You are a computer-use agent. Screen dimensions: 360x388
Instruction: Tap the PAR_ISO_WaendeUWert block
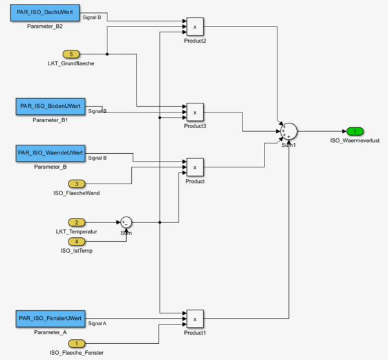tap(50, 153)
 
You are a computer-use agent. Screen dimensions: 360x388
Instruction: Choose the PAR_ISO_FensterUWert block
tap(49, 319)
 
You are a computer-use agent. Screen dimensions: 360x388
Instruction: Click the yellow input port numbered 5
tap(71, 54)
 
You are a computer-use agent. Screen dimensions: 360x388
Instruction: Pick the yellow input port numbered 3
tap(76, 184)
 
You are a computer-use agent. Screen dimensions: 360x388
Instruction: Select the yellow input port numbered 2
tap(76, 222)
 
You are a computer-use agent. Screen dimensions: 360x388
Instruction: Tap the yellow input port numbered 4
tap(76, 242)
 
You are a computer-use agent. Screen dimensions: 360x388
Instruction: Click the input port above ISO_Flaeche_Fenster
tap(76, 343)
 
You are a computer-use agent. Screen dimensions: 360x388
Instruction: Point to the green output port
tap(354, 131)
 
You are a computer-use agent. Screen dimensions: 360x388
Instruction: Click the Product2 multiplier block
tap(195, 26)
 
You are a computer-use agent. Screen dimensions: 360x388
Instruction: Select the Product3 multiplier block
tap(195, 112)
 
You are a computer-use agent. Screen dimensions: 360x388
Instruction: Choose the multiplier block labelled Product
tap(195, 167)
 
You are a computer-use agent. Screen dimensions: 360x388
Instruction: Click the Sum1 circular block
tap(287, 131)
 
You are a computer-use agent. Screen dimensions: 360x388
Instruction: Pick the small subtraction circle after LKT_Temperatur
tap(125, 222)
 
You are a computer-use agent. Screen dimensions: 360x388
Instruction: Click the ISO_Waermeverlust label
tap(354, 140)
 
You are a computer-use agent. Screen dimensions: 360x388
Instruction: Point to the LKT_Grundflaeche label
tap(71, 63)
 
